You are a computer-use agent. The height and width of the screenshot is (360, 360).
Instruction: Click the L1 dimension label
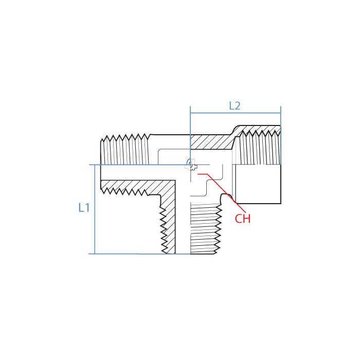[x=84, y=208]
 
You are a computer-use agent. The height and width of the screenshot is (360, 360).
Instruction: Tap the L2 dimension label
[x=235, y=106]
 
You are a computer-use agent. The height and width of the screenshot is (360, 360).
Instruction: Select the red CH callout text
[x=243, y=219]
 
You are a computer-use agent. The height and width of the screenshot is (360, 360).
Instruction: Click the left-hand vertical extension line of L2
[x=190, y=134]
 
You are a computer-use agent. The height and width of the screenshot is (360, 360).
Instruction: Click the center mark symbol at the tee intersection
[x=190, y=165]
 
